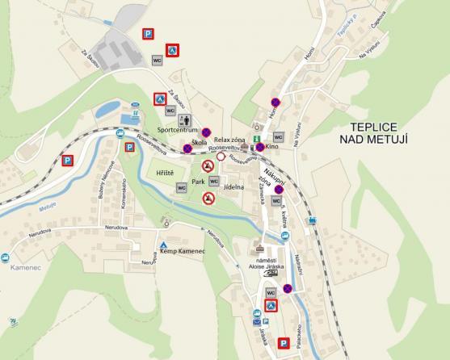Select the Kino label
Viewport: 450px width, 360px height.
271,147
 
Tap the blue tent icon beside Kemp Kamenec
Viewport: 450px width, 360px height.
164,244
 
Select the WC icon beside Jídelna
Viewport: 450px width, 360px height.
214,182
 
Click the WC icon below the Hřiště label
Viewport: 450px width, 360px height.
182,187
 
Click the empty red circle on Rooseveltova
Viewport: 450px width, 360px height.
221,156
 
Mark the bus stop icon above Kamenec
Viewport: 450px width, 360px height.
6,257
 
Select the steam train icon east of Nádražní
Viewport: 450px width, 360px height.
310,220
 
